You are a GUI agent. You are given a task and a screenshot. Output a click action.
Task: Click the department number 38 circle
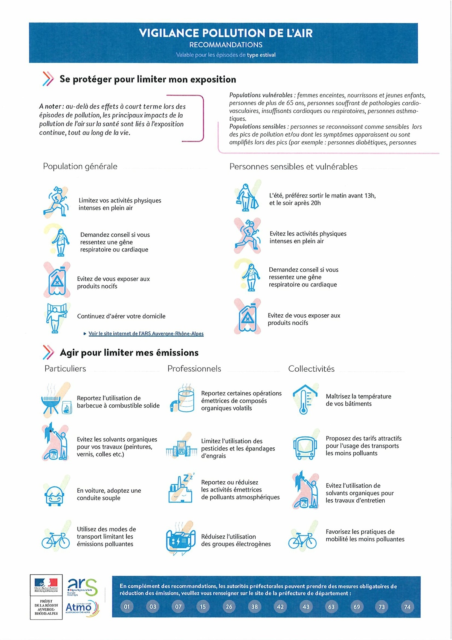(255, 606)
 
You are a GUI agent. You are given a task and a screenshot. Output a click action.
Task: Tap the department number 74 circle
(407, 606)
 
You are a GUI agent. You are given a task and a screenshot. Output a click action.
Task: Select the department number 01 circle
(127, 606)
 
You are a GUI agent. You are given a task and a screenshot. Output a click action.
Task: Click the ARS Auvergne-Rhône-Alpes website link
(146, 334)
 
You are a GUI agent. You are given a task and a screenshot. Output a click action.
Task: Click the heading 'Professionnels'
(194, 369)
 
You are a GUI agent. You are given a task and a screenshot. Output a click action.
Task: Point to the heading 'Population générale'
(80, 166)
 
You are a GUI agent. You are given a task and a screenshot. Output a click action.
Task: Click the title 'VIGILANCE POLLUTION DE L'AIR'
(225, 33)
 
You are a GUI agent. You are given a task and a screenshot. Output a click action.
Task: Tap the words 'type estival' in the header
(261, 55)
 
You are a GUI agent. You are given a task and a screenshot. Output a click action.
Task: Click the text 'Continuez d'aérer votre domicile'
(121, 316)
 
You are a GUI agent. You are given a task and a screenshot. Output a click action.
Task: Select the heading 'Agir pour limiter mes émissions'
(129, 352)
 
